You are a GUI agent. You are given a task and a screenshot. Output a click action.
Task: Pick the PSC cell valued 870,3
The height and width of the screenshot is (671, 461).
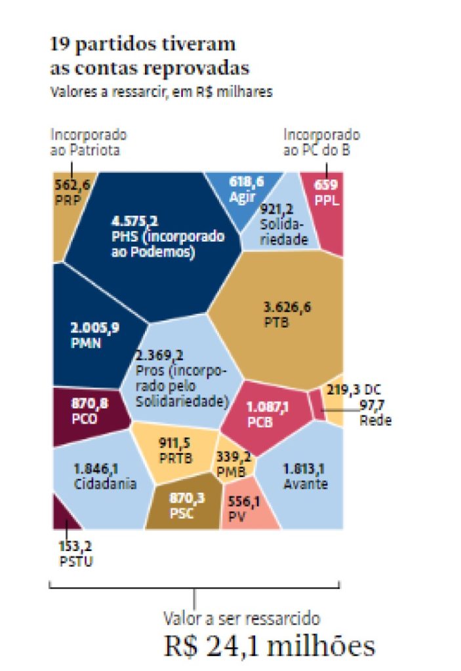click(x=186, y=505)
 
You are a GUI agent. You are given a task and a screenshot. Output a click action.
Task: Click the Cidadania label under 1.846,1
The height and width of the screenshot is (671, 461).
click(x=105, y=485)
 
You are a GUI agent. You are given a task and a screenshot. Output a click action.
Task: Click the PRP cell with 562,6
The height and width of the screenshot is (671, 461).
click(x=71, y=191)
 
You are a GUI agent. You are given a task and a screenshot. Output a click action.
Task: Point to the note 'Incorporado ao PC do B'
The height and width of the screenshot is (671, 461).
click(x=321, y=142)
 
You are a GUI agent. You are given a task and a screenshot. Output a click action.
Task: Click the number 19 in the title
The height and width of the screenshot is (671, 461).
click(x=59, y=45)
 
